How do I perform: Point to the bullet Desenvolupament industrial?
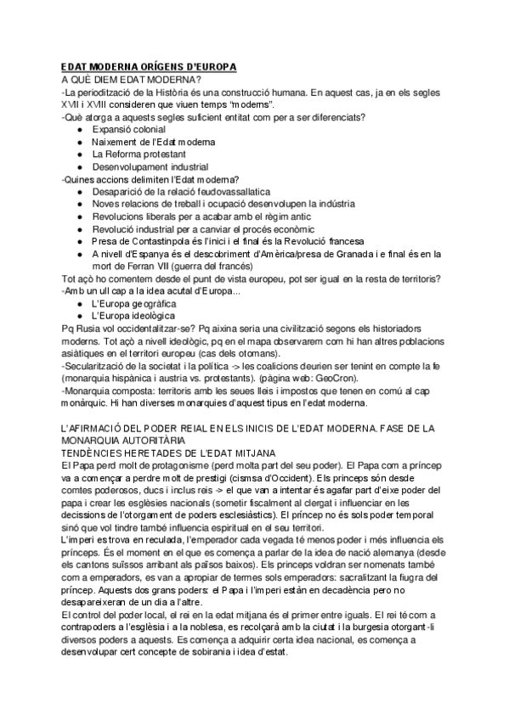point(150,166)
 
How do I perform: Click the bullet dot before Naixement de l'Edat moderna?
point(80,142)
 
